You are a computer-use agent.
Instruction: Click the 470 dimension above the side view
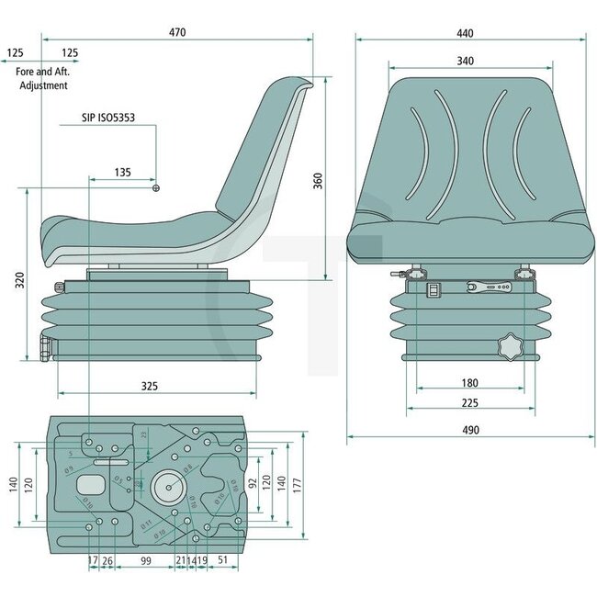point(177,32)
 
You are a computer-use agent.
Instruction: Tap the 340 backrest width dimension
point(465,61)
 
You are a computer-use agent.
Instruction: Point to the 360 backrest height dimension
point(319,181)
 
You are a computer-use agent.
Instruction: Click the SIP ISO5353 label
point(114,119)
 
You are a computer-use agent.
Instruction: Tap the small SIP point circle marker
point(155,188)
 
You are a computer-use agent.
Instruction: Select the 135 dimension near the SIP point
point(121,172)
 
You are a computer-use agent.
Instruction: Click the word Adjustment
point(44,85)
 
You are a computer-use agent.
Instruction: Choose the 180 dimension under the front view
point(469,382)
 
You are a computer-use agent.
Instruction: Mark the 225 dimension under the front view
point(469,402)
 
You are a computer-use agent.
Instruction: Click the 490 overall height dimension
point(468,429)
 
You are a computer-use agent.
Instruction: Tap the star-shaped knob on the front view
point(508,349)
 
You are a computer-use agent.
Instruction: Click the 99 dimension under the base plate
point(145,559)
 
